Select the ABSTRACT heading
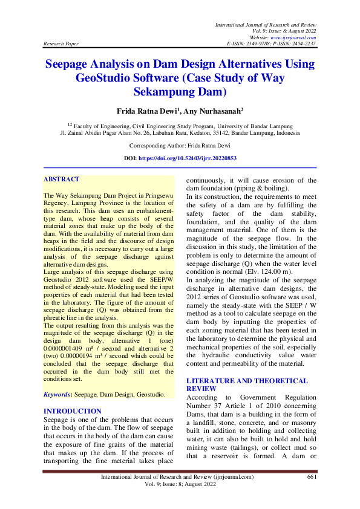tap(62, 180)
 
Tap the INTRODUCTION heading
tap(73, 411)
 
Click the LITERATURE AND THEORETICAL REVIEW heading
tap(247, 385)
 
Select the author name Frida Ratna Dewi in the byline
tap(147, 111)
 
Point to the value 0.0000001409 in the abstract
tap(70, 349)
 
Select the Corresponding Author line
tap(180, 146)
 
